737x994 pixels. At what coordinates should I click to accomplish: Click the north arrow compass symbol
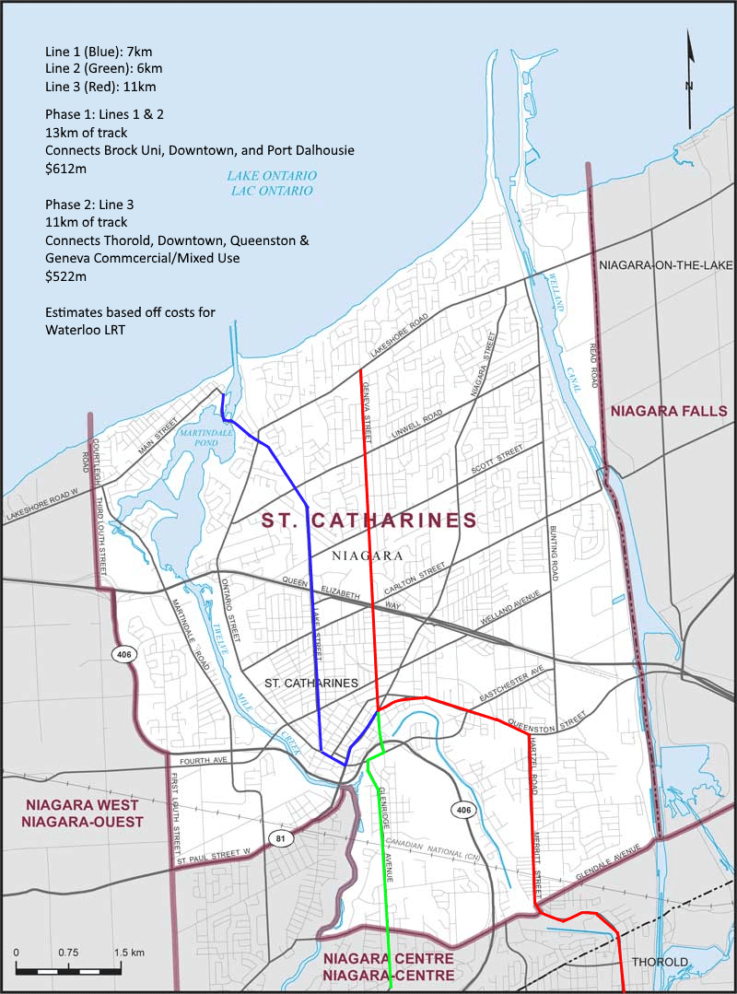689,81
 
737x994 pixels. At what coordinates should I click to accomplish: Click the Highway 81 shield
280,837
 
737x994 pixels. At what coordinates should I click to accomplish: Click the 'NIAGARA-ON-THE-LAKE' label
662,265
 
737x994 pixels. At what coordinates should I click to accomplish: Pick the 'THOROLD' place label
659,963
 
